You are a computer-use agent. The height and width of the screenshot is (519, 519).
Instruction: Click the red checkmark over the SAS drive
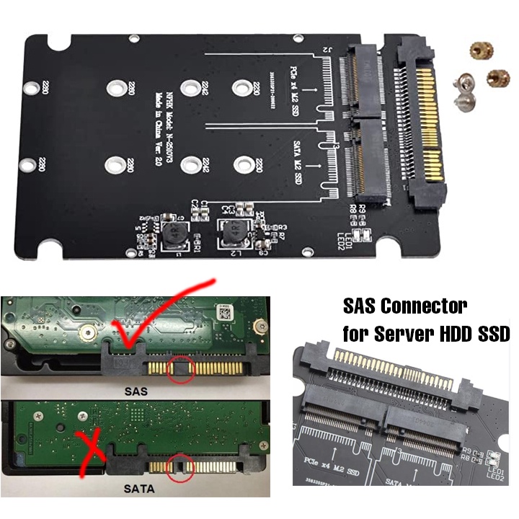[155, 317]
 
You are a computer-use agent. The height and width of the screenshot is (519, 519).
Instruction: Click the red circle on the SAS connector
[180, 371]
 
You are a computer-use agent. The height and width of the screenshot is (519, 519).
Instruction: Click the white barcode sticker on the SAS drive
[225, 311]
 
